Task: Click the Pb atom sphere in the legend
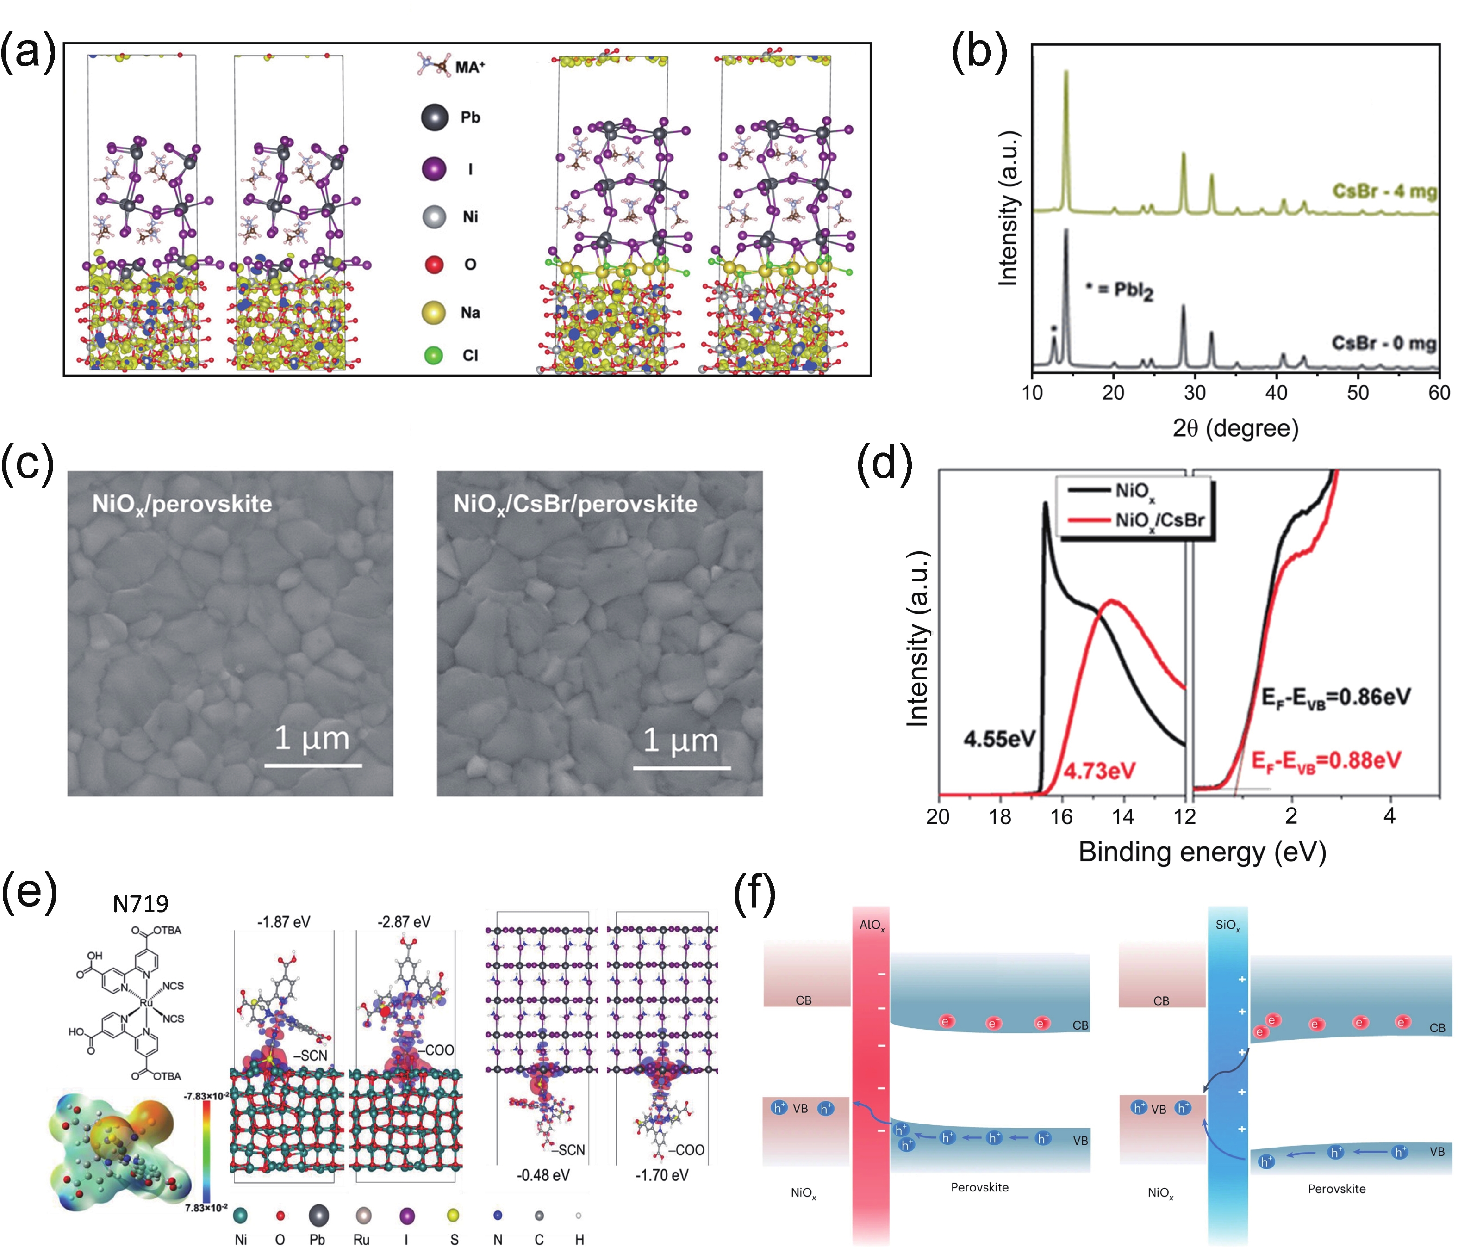434,117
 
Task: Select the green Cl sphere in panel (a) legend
434,355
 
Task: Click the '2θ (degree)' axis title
1235,428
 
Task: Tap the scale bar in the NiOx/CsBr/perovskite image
681,766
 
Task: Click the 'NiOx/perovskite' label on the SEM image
181,504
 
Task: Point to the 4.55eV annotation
999,739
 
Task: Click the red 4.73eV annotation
1099,772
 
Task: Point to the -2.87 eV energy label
404,922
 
